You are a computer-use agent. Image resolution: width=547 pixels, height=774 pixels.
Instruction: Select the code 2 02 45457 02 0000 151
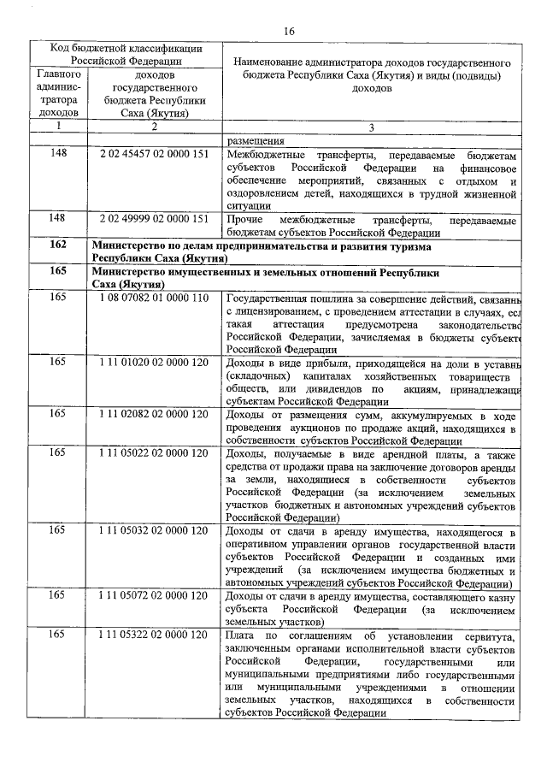click(x=154, y=157)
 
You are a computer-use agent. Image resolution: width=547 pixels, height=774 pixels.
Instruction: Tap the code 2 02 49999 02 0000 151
click(x=154, y=220)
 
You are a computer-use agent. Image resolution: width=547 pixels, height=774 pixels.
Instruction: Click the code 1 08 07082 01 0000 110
click(x=154, y=298)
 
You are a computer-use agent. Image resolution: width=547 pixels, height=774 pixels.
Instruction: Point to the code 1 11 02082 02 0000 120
click(x=154, y=414)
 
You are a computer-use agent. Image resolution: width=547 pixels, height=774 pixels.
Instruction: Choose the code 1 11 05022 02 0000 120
click(x=154, y=452)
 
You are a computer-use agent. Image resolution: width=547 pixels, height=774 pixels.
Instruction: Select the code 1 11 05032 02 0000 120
click(x=154, y=531)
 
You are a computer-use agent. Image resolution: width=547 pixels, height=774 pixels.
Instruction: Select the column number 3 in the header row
click(x=371, y=127)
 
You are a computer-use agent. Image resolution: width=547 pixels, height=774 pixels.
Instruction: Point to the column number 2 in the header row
click(x=154, y=127)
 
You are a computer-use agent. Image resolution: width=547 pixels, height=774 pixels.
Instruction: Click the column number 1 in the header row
click(x=58, y=127)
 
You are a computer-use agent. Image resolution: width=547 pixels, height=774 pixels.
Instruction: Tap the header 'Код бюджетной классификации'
click(x=126, y=49)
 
